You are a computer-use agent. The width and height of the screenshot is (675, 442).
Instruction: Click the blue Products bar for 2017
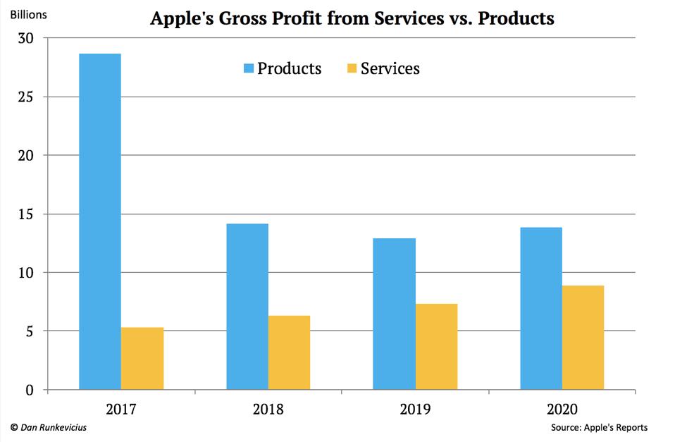click(x=99, y=221)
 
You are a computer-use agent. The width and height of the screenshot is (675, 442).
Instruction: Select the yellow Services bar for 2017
click(x=142, y=358)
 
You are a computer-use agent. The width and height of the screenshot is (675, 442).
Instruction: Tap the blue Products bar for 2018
click(x=247, y=307)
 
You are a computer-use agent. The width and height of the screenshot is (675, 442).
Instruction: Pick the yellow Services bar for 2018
click(x=289, y=352)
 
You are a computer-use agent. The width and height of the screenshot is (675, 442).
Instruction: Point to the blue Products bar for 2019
click(x=394, y=314)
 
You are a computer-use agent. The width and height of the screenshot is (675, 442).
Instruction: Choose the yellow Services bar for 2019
click(x=436, y=346)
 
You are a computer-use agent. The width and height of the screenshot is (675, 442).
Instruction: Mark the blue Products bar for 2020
click(x=541, y=308)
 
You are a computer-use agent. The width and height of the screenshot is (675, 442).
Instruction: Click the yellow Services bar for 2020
click(x=583, y=337)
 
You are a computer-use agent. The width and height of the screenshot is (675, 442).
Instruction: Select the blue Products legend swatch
click(x=248, y=68)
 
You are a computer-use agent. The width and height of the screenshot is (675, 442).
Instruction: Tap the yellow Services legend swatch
click(x=352, y=68)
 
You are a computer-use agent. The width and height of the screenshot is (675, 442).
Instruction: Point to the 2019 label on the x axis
click(x=415, y=409)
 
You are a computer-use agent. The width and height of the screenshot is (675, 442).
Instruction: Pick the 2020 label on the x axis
click(x=562, y=409)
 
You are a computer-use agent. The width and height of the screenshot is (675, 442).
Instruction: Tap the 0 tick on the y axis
click(x=30, y=390)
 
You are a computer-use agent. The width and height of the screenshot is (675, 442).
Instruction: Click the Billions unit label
click(x=28, y=14)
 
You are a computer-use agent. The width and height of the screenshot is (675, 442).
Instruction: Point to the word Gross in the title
click(x=240, y=18)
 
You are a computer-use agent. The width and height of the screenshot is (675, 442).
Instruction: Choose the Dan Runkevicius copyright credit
click(x=49, y=427)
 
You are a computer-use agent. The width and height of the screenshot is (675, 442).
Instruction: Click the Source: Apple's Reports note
click(x=600, y=427)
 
